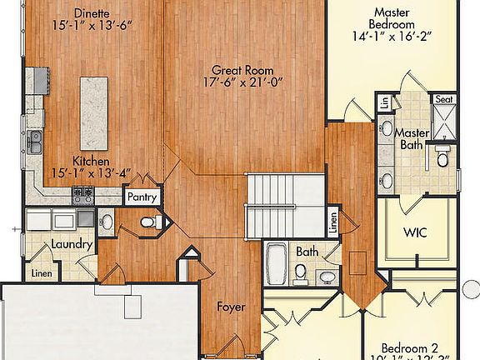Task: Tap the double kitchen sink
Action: pos(35,143)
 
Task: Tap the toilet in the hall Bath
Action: pos(300,271)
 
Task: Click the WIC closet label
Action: pos(415,232)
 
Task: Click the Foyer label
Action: pos(230,307)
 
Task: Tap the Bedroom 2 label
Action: pos(410,347)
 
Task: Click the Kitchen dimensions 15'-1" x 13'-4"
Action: pos(90,167)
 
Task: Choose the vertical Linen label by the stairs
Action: pos(332,223)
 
